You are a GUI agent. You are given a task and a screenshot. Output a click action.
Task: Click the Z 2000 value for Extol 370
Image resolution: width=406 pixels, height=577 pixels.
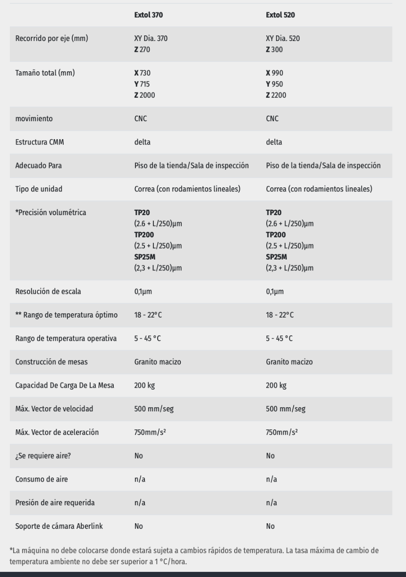[x=145, y=95]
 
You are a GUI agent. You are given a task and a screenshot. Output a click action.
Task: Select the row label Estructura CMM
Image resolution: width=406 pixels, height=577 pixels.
[x=37, y=142]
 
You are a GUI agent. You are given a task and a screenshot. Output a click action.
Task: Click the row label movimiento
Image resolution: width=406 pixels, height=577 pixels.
[x=31, y=119]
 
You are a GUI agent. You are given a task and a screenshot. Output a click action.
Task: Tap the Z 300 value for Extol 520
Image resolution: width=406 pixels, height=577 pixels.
[x=275, y=50]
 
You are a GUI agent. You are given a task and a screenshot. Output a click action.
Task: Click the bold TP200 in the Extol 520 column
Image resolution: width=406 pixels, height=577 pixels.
[x=277, y=234]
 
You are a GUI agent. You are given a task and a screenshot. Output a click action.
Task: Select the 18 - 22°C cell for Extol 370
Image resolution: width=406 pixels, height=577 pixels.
[x=148, y=315]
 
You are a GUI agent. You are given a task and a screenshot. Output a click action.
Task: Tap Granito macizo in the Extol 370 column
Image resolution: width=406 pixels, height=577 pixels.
[x=157, y=362]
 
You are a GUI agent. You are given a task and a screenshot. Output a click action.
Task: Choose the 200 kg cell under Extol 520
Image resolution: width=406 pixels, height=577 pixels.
[x=276, y=385]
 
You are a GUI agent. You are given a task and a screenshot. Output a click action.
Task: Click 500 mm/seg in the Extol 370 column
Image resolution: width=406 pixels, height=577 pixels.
[x=154, y=409]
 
